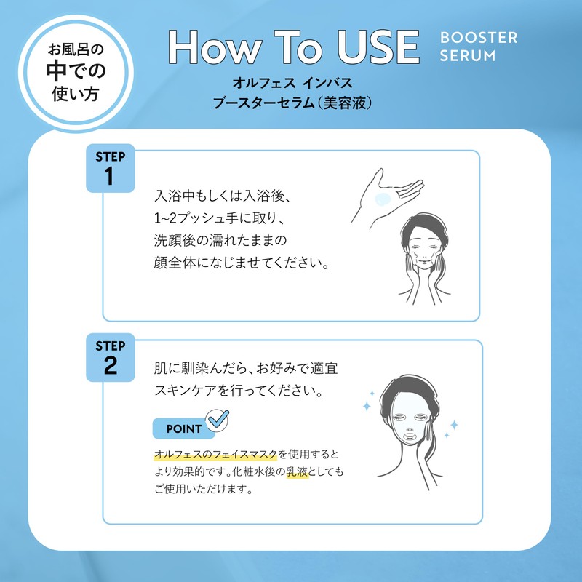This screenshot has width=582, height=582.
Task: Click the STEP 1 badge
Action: click(111, 168)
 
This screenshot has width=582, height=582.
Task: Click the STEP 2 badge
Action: click(111, 357)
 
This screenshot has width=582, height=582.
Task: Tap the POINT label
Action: click(184, 428)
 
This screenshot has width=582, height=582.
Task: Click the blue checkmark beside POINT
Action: click(218, 420)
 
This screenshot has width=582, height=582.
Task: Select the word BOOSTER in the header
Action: click(479, 38)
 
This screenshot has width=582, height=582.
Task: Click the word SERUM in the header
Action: click(468, 56)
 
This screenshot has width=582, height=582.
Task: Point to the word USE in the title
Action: click(378, 47)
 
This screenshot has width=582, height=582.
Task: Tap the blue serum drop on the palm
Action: click(383, 199)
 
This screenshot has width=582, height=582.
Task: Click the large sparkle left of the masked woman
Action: click(367, 406)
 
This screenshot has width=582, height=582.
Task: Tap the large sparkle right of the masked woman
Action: click(454, 424)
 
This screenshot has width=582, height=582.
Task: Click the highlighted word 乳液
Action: click(298, 471)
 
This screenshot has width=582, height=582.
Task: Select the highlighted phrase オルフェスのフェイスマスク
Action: click(215, 454)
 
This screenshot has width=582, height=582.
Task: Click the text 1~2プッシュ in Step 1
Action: click(188, 218)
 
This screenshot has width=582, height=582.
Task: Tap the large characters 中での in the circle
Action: click(76, 71)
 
